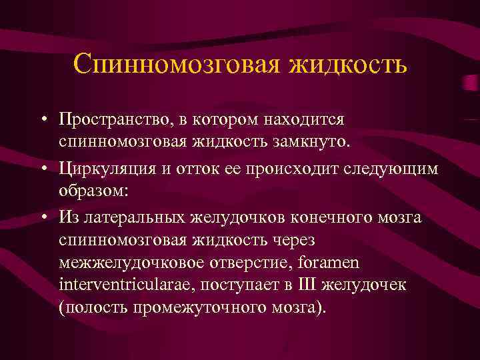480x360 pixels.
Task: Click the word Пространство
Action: point(113,120)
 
